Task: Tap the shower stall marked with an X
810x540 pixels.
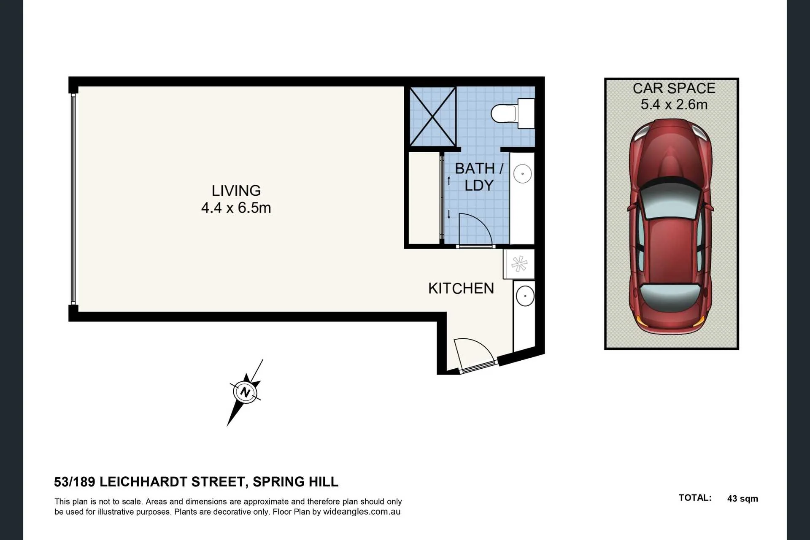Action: click(433, 117)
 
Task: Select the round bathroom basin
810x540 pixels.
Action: click(522, 173)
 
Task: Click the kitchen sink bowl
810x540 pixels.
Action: click(525, 296)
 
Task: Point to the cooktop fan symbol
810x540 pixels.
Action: click(519, 264)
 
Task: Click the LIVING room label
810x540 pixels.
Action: click(236, 191)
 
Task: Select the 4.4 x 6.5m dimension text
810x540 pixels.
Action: click(236, 208)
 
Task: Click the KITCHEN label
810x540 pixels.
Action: click(461, 288)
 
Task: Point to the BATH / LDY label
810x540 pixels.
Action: click(479, 177)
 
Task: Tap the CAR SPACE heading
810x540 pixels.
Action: click(674, 88)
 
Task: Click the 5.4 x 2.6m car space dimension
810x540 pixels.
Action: click(674, 104)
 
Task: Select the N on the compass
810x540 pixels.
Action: click(245, 392)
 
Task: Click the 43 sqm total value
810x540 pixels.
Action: click(742, 499)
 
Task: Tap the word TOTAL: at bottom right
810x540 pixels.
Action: click(695, 498)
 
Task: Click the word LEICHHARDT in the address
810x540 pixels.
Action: click(173, 482)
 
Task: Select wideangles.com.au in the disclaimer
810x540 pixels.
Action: click(362, 512)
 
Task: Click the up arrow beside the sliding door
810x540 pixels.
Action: click(449, 181)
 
